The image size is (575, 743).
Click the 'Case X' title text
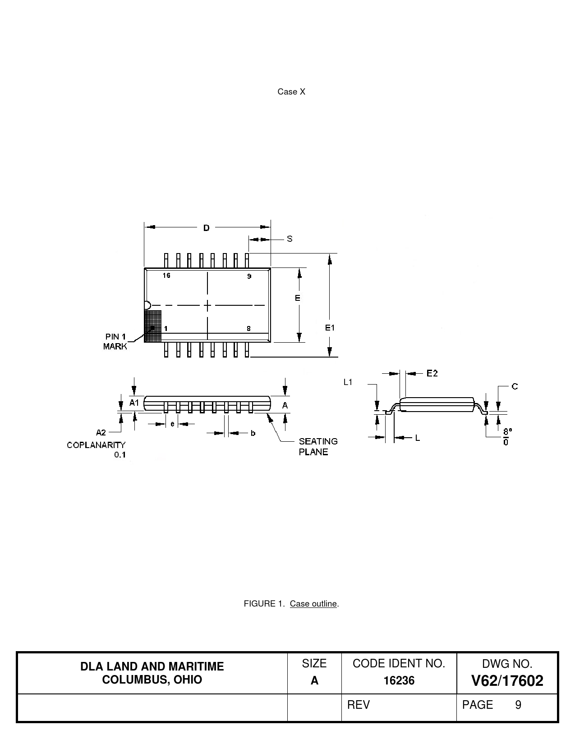(x=291, y=91)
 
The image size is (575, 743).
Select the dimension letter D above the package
(x=206, y=228)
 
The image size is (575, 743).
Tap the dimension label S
(x=290, y=239)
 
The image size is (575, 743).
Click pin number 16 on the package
(x=166, y=275)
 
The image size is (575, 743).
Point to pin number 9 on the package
(x=249, y=276)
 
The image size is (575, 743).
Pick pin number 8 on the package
(x=248, y=329)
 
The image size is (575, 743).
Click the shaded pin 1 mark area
(x=153, y=326)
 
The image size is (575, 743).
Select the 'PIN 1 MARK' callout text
(x=115, y=341)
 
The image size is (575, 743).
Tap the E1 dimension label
(x=330, y=327)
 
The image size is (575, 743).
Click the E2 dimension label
(x=432, y=373)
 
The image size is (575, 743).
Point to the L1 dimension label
(x=348, y=382)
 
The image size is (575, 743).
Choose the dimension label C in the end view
(x=515, y=386)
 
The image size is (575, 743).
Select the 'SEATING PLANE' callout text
(x=318, y=447)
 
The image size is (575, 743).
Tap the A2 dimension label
(x=101, y=433)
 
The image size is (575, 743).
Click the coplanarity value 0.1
(x=120, y=455)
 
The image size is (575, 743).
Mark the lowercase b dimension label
(x=253, y=433)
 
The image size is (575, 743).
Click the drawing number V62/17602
(x=507, y=680)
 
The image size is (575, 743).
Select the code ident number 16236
(x=399, y=680)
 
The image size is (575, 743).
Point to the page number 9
(x=518, y=705)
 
